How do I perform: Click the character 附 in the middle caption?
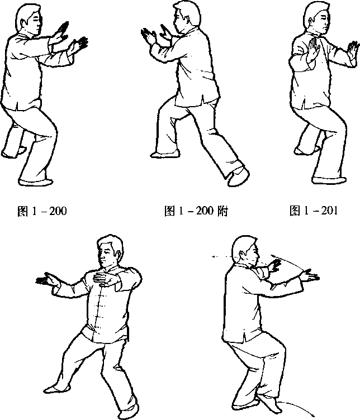(x=222, y=211)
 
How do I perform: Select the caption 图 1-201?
(x=314, y=211)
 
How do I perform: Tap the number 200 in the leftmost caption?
(x=58, y=211)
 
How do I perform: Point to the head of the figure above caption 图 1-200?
(x=30, y=19)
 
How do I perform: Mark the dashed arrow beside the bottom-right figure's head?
(x=222, y=256)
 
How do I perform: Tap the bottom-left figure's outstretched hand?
(x=46, y=279)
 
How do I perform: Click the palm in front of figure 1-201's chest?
(x=314, y=49)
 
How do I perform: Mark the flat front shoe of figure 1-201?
(x=329, y=180)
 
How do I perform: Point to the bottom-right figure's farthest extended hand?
(x=310, y=275)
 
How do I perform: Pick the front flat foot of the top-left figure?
(x=36, y=182)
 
